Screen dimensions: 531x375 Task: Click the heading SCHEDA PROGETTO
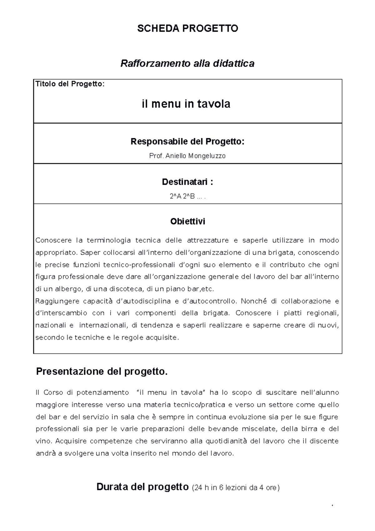pos(187,28)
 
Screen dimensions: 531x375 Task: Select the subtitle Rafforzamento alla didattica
pos(187,63)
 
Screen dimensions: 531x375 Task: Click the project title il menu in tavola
pos(186,104)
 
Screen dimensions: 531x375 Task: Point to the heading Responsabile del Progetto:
pos(187,142)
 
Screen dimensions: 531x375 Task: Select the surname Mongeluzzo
pos(207,156)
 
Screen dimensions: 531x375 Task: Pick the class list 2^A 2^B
pos(182,196)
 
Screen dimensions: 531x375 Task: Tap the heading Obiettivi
pos(187,221)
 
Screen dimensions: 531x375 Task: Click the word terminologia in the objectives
pos(108,240)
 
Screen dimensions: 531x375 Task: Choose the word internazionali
pos(103,326)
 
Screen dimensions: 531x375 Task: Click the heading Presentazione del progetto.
pos(102,372)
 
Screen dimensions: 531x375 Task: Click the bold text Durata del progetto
pos(142,487)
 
